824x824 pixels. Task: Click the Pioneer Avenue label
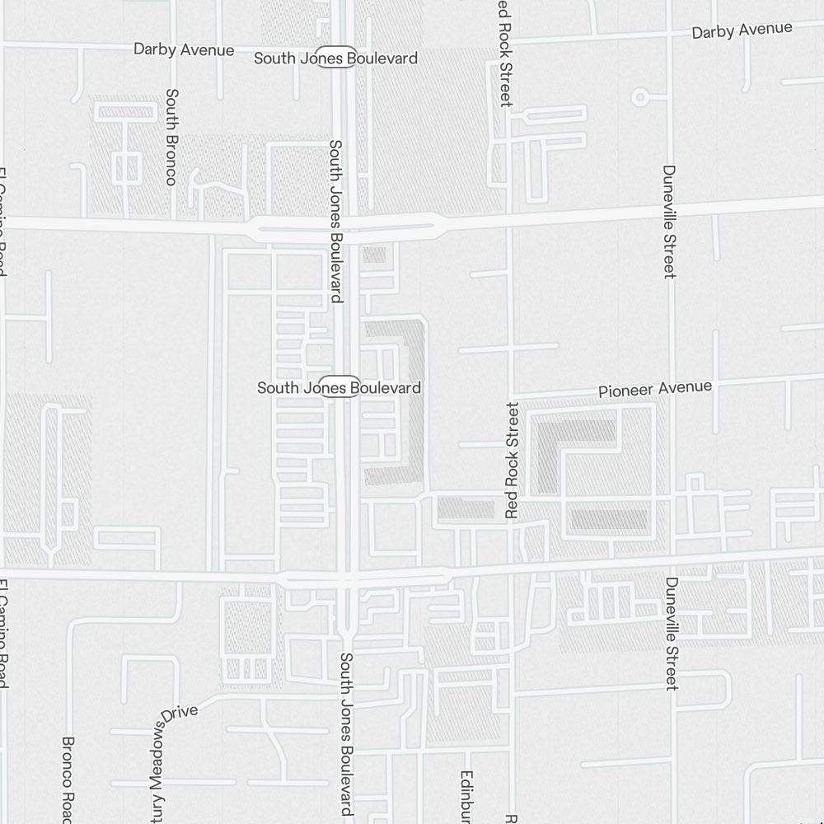point(655,388)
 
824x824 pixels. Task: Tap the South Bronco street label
point(171,137)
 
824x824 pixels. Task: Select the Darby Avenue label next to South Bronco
point(184,50)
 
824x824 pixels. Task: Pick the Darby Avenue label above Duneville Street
point(742,30)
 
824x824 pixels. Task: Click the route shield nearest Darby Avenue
point(336,58)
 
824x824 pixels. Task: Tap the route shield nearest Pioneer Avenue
point(339,386)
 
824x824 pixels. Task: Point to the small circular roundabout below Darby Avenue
point(639,97)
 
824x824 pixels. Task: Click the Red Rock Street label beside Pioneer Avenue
point(513,460)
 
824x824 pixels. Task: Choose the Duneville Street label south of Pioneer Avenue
point(672,633)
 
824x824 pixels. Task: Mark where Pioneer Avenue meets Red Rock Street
point(513,394)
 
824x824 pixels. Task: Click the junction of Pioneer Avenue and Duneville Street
point(672,386)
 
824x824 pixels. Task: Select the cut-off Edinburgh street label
point(467,796)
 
